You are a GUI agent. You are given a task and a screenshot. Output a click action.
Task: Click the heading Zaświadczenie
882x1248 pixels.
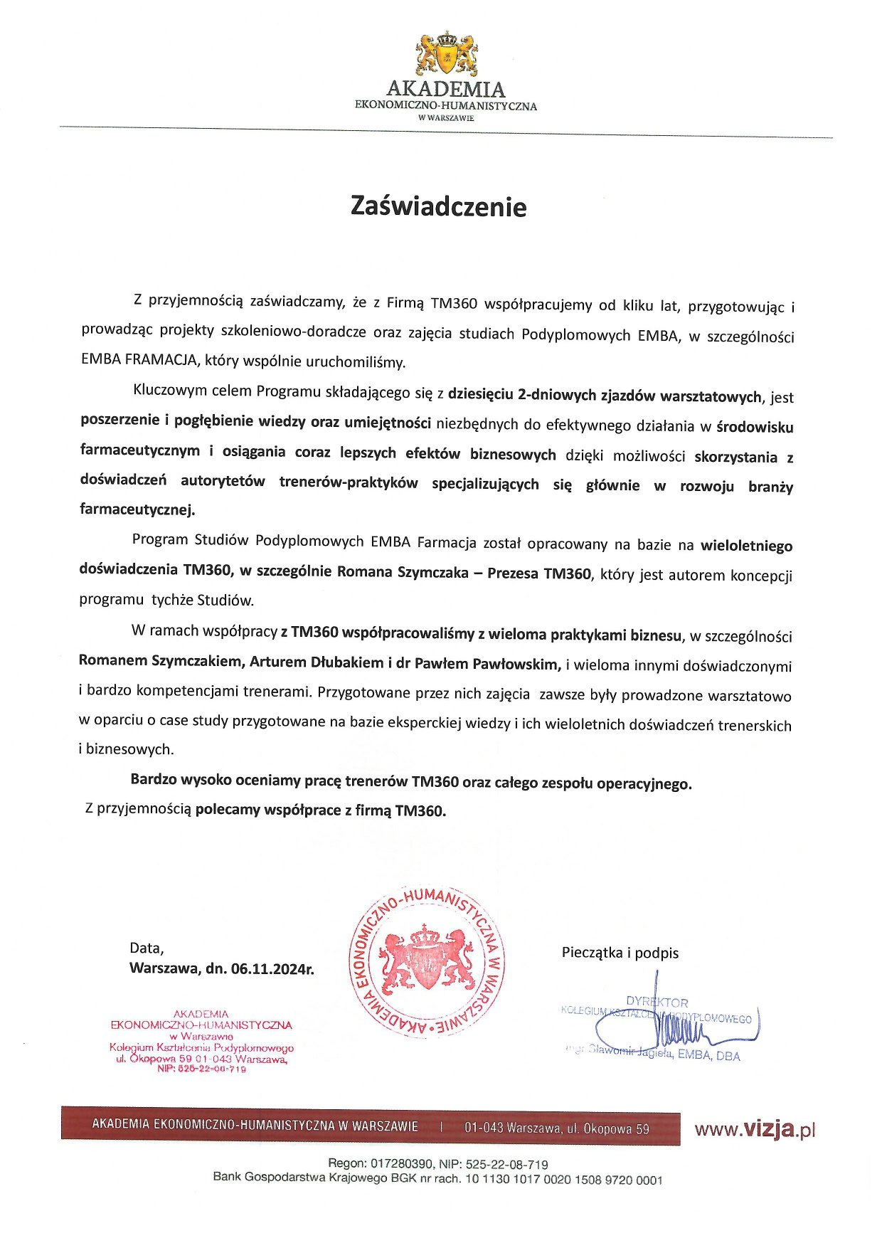coord(438,206)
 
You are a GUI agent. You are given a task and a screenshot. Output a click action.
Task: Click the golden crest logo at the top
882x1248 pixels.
coord(446,53)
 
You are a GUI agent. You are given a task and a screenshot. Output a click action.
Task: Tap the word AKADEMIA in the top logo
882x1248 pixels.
coord(446,90)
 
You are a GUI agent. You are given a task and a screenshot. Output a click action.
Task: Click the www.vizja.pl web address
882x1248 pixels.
coord(754,1129)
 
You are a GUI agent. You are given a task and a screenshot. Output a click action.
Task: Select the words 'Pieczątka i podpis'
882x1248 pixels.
coord(620,953)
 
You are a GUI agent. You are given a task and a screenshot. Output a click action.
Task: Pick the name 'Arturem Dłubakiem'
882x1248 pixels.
coord(317,662)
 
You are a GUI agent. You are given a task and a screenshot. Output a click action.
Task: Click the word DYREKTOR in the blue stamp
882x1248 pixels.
coord(657,1002)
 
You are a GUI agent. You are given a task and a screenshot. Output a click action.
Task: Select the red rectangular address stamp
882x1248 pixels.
coord(201,1040)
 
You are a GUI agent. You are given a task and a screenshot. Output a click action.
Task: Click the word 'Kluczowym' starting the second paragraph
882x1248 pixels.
coord(169,391)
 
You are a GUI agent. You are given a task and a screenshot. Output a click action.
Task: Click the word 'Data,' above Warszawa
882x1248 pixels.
coord(147,948)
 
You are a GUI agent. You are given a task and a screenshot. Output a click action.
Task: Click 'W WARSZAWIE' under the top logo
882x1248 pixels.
coord(446,118)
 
